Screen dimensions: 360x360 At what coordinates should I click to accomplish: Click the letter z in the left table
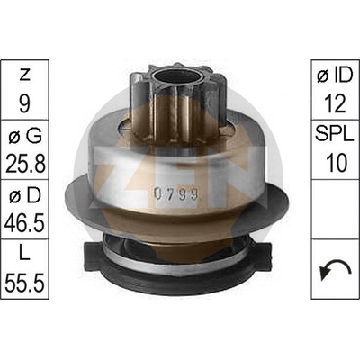(24, 76)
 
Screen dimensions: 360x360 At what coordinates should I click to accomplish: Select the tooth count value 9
(24, 103)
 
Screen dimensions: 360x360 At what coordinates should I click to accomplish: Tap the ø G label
(25, 137)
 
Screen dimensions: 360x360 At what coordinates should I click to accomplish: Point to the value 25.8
(25, 164)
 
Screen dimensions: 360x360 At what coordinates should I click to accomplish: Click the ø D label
(25, 196)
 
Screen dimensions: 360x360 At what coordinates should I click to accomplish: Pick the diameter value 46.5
(24, 223)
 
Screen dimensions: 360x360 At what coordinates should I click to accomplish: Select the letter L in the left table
(24, 255)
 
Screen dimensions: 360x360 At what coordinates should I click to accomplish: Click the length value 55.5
(25, 283)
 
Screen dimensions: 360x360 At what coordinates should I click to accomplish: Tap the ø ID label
(335, 75)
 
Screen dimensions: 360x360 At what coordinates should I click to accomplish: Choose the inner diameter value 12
(335, 103)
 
